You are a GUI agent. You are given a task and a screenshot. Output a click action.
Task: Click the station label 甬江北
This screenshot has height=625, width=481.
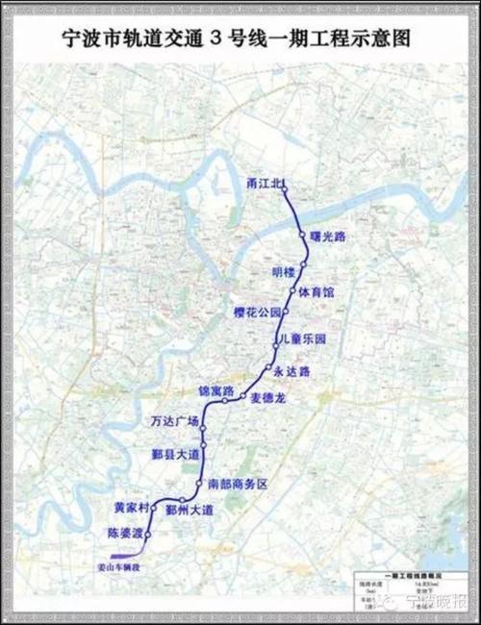pyautogui.click(x=262, y=182)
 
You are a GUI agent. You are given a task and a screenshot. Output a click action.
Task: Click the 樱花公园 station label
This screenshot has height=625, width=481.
pyautogui.click(x=256, y=313)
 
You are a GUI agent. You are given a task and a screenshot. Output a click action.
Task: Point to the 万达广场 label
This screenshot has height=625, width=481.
pyautogui.click(x=174, y=422)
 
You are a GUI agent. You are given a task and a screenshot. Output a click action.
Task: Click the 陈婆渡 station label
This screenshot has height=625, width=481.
pyautogui.click(x=122, y=532)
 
